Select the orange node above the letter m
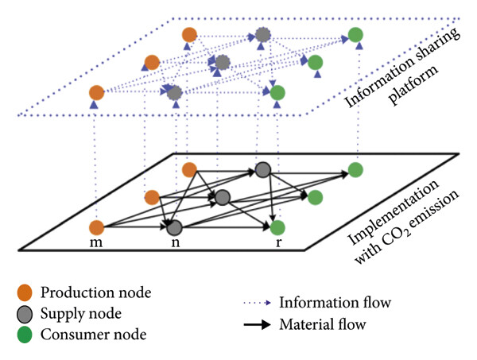point(97,226)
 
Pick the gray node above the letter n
point(175,226)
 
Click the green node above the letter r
point(277,226)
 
